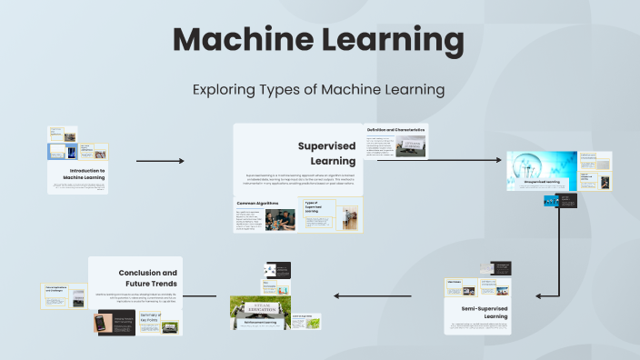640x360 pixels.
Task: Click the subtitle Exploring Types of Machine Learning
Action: tap(318, 90)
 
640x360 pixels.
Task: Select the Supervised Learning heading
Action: tap(326, 153)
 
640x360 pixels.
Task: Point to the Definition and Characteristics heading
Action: tap(396, 130)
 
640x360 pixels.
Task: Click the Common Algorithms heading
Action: tap(259, 203)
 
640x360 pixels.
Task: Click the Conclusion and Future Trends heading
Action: tap(148, 278)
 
